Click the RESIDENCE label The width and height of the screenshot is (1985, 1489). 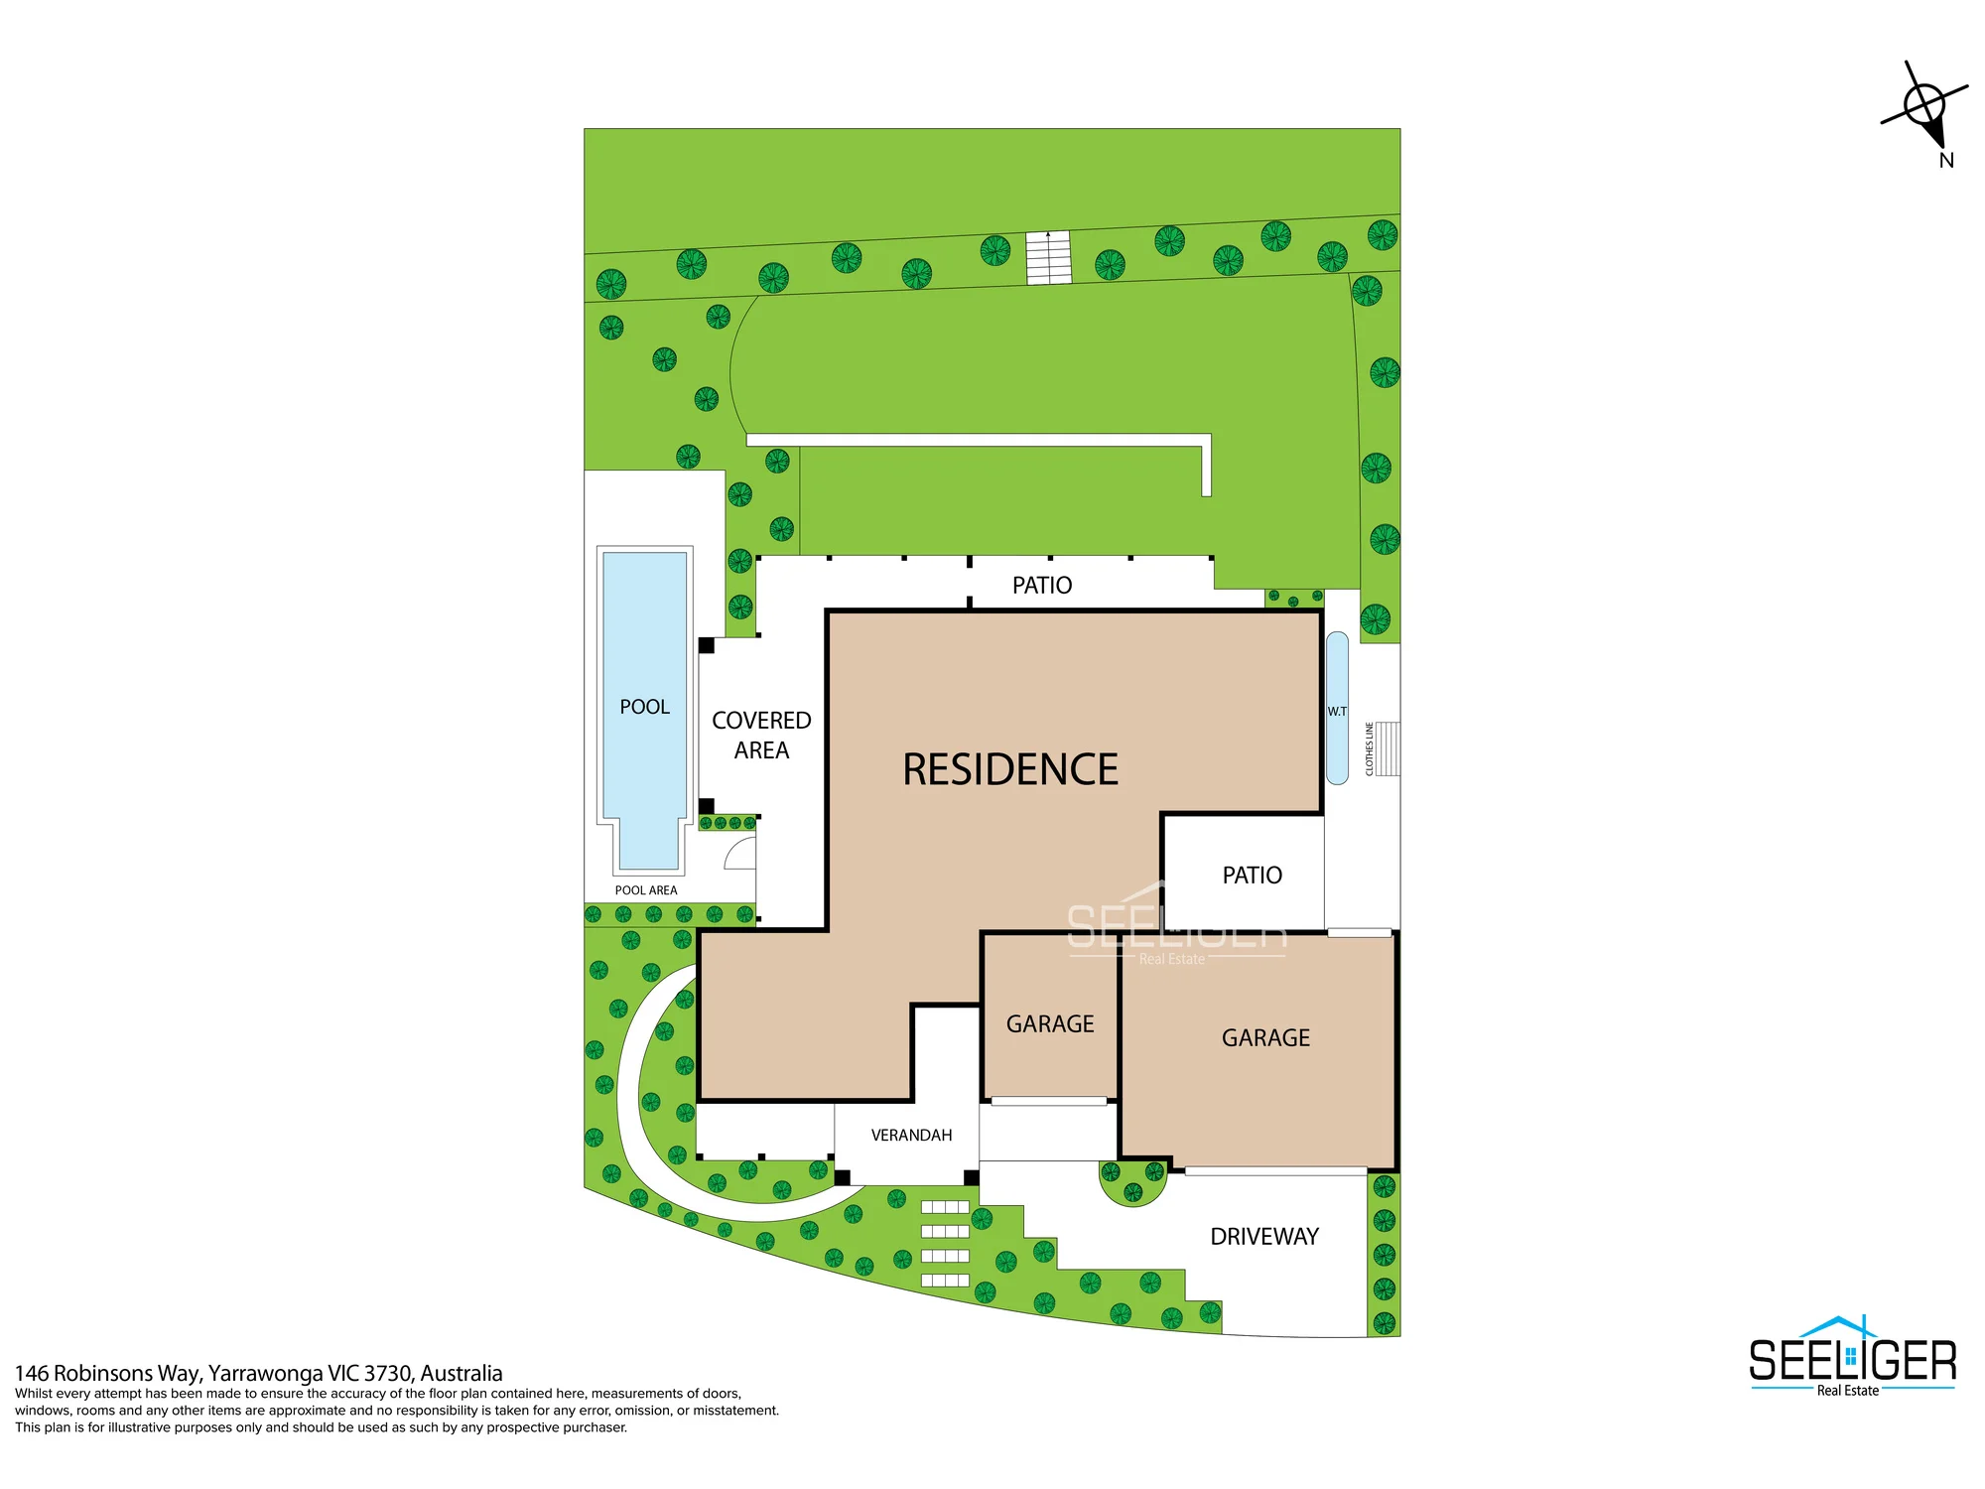tap(1010, 769)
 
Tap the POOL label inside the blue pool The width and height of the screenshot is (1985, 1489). tap(644, 707)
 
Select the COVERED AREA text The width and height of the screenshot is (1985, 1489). tap(761, 736)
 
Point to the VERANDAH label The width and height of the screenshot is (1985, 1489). tap(911, 1135)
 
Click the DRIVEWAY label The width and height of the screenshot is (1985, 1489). tap(1264, 1236)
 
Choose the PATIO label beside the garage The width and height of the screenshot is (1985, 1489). tap(1253, 875)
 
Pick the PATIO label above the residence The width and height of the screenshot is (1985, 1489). tap(1042, 585)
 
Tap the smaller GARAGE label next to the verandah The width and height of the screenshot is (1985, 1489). tap(1050, 1023)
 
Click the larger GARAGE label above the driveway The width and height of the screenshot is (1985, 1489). tap(1265, 1037)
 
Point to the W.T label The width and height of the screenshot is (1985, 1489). tap(1337, 711)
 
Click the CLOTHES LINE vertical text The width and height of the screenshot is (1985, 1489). tap(1370, 748)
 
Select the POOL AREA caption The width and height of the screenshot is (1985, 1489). tap(646, 890)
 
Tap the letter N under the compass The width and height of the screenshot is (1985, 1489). tap(1946, 160)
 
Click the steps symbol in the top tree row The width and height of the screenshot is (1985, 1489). tap(1048, 257)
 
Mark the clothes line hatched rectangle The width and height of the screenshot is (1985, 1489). tap(1388, 748)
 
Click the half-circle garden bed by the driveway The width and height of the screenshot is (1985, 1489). tap(1132, 1184)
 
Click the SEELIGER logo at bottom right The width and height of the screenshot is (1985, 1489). tap(1852, 1356)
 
